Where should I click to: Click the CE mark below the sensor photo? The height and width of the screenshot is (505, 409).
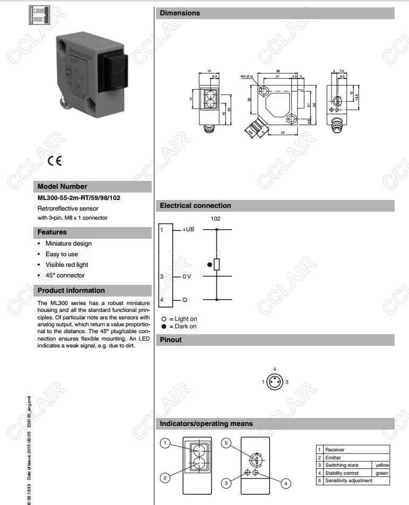click(55, 161)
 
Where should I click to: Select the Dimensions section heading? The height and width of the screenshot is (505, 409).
click(180, 13)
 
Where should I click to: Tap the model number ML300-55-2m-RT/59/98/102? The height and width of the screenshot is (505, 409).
click(79, 198)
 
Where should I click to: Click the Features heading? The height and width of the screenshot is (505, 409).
click(52, 232)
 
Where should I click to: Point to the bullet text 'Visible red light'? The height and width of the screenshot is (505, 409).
click(67, 265)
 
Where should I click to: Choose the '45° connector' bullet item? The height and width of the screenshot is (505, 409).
click(65, 275)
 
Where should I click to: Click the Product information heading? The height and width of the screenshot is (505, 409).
click(71, 291)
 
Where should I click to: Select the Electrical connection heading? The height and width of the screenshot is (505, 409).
click(195, 206)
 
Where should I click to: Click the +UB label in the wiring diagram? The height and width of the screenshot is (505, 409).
click(189, 230)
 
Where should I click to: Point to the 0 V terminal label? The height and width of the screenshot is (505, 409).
click(187, 276)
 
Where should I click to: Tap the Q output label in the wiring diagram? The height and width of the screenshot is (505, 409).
click(185, 300)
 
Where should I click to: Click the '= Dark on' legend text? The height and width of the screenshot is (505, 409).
click(182, 326)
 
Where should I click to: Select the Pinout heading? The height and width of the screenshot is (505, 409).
click(171, 340)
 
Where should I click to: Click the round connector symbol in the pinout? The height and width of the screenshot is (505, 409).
click(274, 381)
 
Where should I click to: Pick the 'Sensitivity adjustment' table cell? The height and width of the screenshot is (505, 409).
click(349, 481)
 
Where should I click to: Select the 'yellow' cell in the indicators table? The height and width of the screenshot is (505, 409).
click(382, 465)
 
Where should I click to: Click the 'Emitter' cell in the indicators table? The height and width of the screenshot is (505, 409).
click(333, 457)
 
